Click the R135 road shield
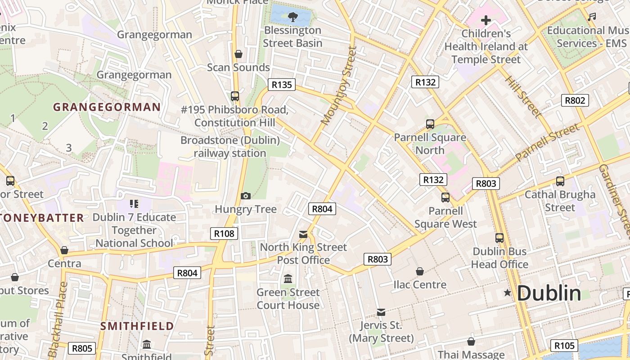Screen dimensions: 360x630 coord(282,84)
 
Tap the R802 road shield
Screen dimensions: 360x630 coord(575,100)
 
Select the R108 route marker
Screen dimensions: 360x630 coord(224,233)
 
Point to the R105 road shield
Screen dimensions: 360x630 coord(564,346)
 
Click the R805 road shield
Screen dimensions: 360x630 coord(82,348)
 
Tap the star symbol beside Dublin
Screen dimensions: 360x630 coord(508,293)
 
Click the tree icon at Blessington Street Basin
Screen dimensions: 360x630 coord(293,17)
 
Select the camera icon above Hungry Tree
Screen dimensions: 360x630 coord(245,196)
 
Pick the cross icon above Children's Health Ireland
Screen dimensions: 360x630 coord(486,20)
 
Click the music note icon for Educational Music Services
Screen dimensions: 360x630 coord(592,17)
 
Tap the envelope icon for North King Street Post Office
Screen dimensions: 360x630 coord(303,234)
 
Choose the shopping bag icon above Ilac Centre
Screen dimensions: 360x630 coord(419,271)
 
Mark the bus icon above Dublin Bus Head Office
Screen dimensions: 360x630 coord(499,238)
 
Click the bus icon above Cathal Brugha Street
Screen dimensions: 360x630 coord(560,181)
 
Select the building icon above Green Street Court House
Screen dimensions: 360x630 coord(288,279)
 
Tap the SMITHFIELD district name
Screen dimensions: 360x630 coord(137,326)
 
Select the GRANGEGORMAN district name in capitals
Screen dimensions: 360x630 coord(107,107)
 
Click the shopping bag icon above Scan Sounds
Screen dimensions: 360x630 coord(238,54)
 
